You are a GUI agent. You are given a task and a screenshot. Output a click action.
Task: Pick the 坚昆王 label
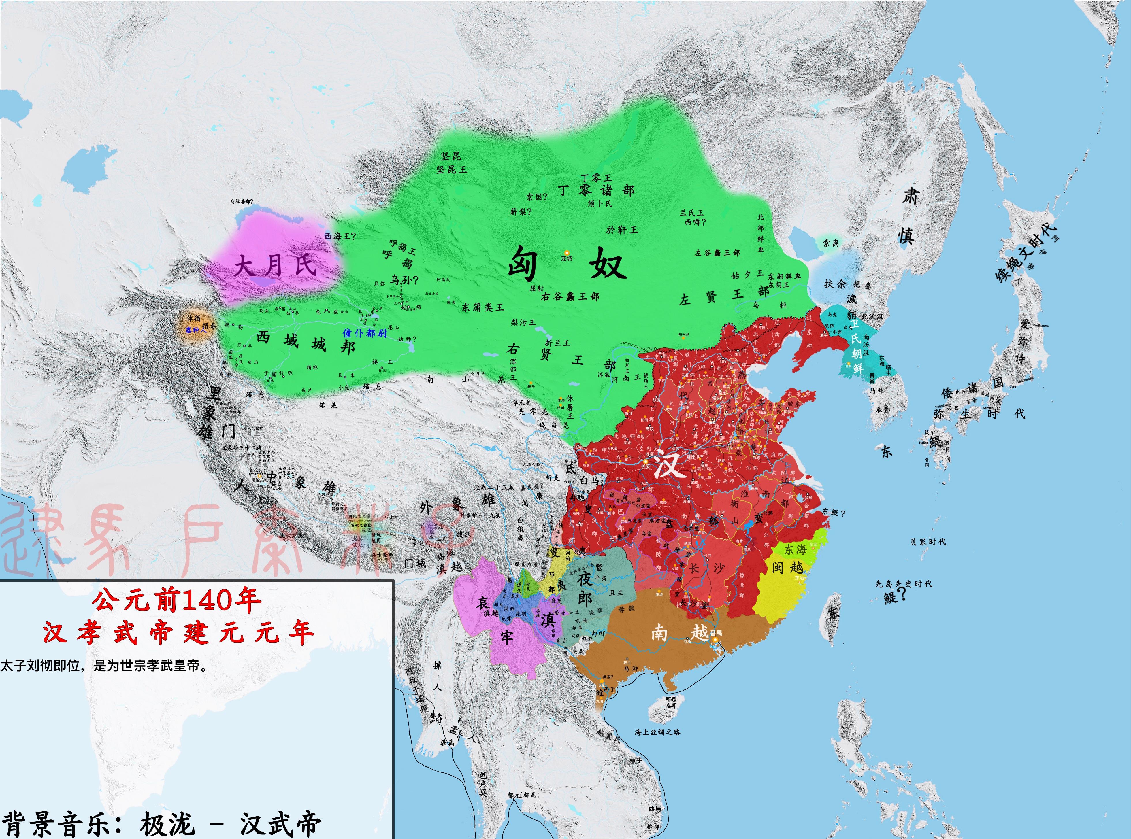point(451,169)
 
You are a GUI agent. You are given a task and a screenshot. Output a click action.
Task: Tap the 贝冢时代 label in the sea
point(928,542)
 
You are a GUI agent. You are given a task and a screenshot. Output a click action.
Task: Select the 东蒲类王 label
point(483,307)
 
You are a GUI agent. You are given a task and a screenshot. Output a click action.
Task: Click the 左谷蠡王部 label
point(717,252)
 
